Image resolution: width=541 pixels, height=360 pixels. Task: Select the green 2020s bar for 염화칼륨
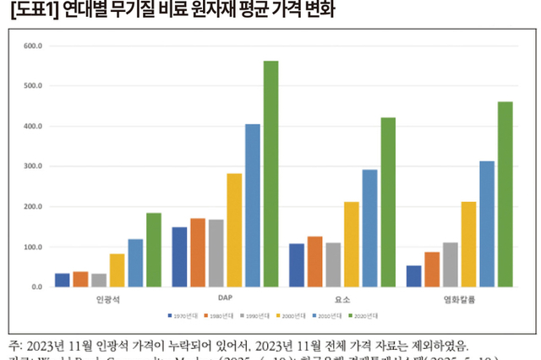click(x=505, y=194)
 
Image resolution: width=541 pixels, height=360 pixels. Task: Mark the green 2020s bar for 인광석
click(x=154, y=250)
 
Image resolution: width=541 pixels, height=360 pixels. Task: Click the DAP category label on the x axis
click(x=224, y=299)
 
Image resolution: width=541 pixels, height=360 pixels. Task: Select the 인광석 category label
click(x=107, y=299)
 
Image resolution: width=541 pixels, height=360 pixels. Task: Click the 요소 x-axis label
click(x=342, y=299)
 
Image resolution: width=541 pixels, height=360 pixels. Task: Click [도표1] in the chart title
click(x=33, y=11)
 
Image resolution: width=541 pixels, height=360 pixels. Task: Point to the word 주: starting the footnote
click(x=17, y=346)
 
